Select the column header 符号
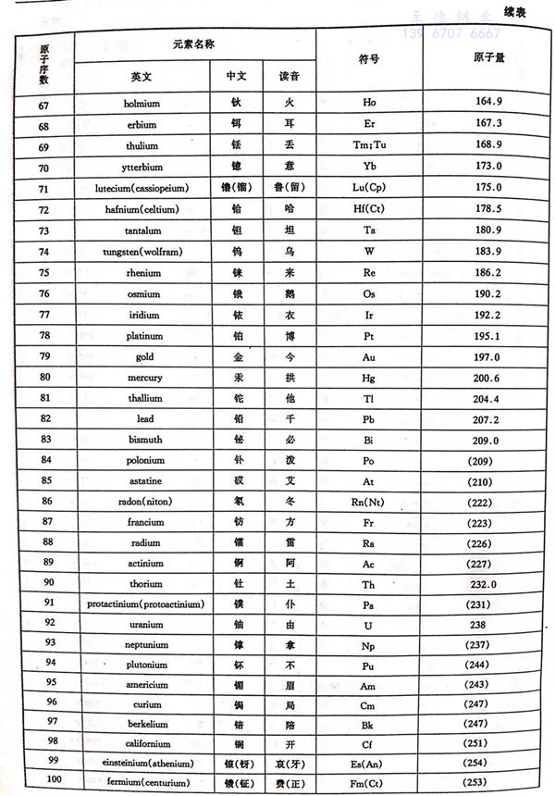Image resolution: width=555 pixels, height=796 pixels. coord(369,58)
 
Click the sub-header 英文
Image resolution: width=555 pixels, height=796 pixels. coord(142,75)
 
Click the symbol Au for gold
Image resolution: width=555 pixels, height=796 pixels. coord(369,357)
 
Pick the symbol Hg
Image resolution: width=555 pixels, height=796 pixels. coord(369,378)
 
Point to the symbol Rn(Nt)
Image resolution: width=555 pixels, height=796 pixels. coord(369,502)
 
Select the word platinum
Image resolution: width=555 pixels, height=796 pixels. coord(142,336)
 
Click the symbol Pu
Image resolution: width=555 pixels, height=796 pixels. coord(369,665)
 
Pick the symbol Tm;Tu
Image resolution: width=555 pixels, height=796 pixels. coord(369,145)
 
